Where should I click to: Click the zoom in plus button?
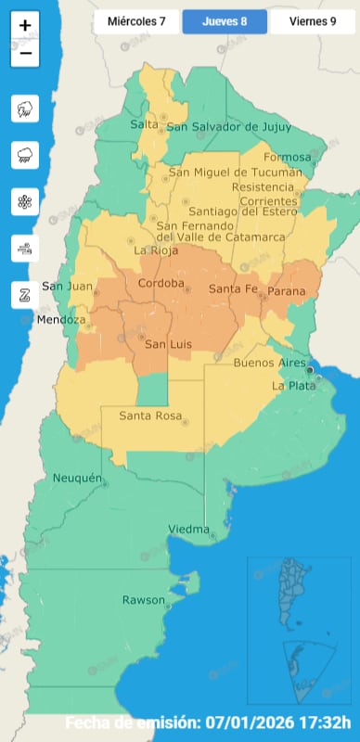click(x=25, y=26)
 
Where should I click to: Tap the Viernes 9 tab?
click(x=313, y=20)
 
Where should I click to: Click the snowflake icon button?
click(x=25, y=202)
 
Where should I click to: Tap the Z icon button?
click(x=25, y=296)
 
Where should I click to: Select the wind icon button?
click(x=25, y=249)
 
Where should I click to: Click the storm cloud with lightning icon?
click(x=25, y=109)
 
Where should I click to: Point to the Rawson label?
click(x=143, y=600)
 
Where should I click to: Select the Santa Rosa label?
click(x=148, y=416)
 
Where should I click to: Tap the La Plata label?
click(x=290, y=385)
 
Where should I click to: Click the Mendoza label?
click(x=60, y=320)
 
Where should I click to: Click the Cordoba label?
click(x=161, y=283)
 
